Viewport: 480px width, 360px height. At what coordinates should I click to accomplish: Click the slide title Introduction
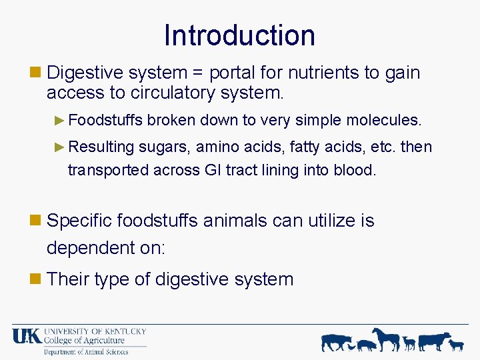[x=239, y=35]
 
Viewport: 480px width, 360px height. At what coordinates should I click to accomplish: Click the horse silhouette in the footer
[x=386, y=339]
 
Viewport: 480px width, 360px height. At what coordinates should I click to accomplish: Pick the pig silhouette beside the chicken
[x=366, y=345]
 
